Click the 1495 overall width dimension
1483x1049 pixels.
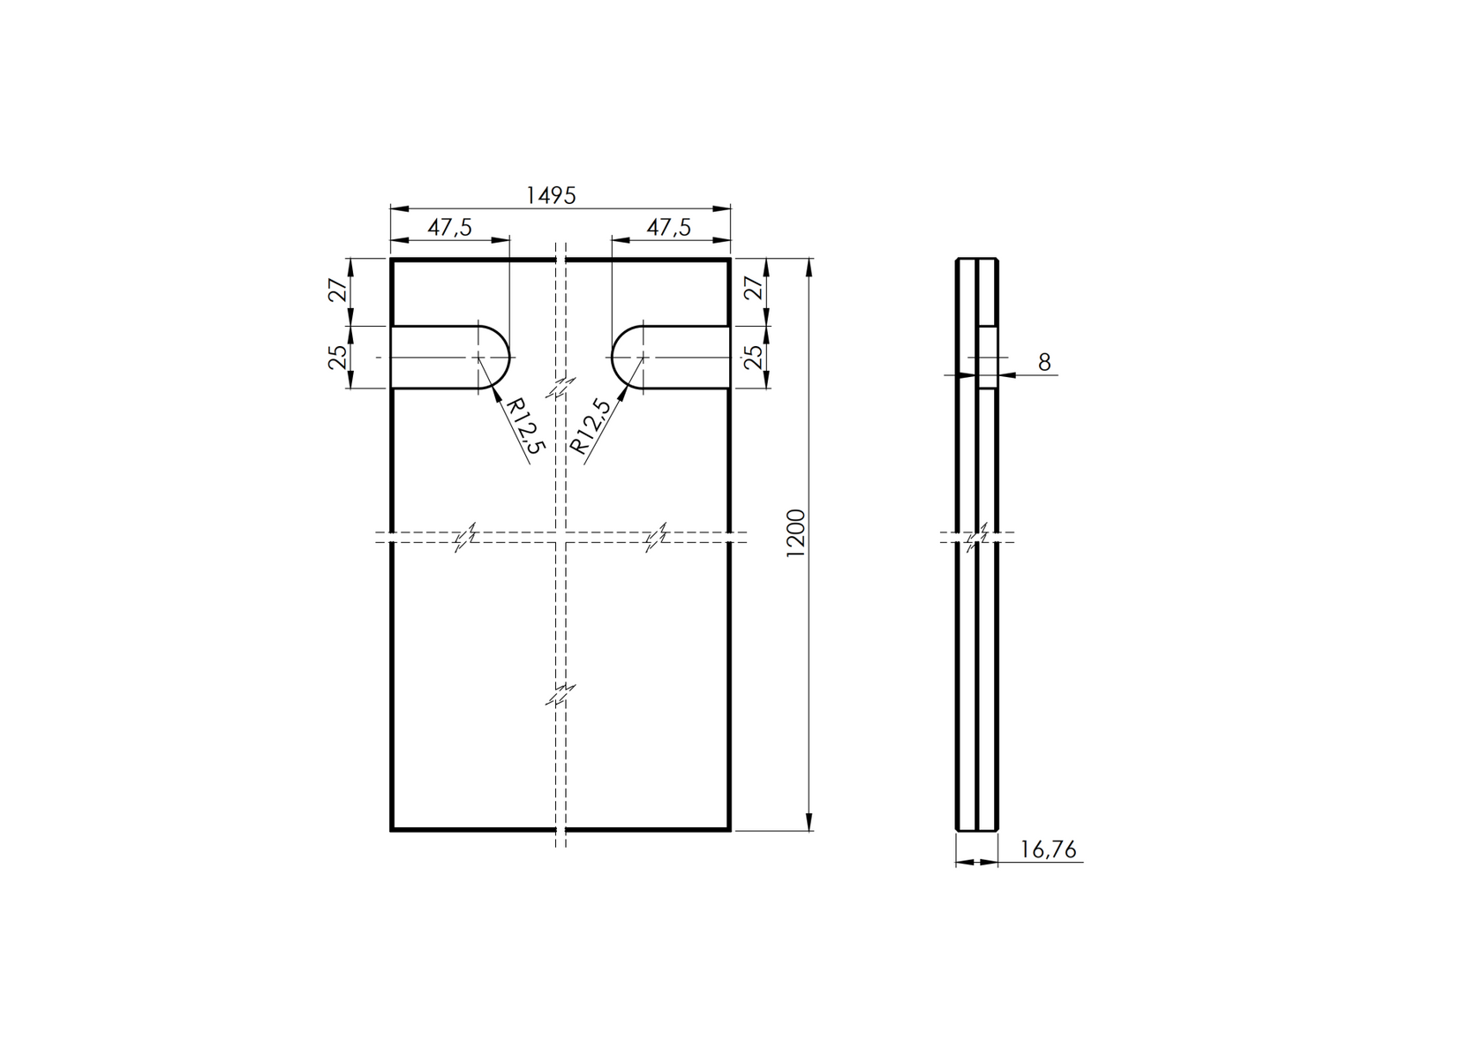pyautogui.click(x=551, y=195)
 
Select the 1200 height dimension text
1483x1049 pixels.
pyautogui.click(x=795, y=532)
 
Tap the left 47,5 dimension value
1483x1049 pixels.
pyautogui.click(x=449, y=227)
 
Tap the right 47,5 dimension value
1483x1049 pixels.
pyautogui.click(x=668, y=227)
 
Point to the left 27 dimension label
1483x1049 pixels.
pyautogui.click(x=337, y=291)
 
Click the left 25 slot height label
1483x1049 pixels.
pyautogui.click(x=337, y=357)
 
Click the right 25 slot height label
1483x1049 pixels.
pyautogui.click(x=753, y=357)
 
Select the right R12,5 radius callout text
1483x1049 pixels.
pyautogui.click(x=591, y=427)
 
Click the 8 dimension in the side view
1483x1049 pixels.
pyautogui.click(x=1044, y=362)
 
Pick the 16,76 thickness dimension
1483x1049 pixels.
pyautogui.click(x=1048, y=850)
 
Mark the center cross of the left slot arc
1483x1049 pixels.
pyautogui.click(x=478, y=357)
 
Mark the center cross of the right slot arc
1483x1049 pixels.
pyautogui.click(x=643, y=357)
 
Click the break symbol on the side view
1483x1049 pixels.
pyautogui.click(x=977, y=536)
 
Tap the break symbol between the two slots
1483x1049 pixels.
pyautogui.click(x=560, y=388)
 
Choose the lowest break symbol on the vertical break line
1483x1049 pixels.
pyautogui.click(x=560, y=696)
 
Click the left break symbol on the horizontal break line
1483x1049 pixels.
pyautogui.click(x=466, y=537)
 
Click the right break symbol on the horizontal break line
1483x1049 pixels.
pyautogui.click(x=656, y=537)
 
